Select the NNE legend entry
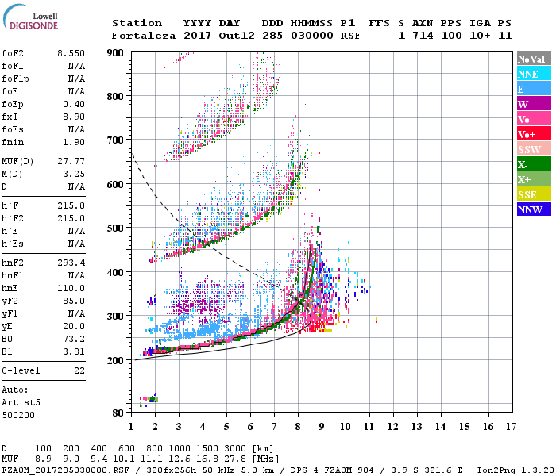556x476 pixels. [532, 74]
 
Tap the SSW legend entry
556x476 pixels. [532, 149]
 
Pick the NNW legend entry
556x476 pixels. [532, 209]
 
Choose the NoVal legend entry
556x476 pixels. [532, 59]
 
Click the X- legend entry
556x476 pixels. [532, 164]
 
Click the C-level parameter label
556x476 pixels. [21, 370]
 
